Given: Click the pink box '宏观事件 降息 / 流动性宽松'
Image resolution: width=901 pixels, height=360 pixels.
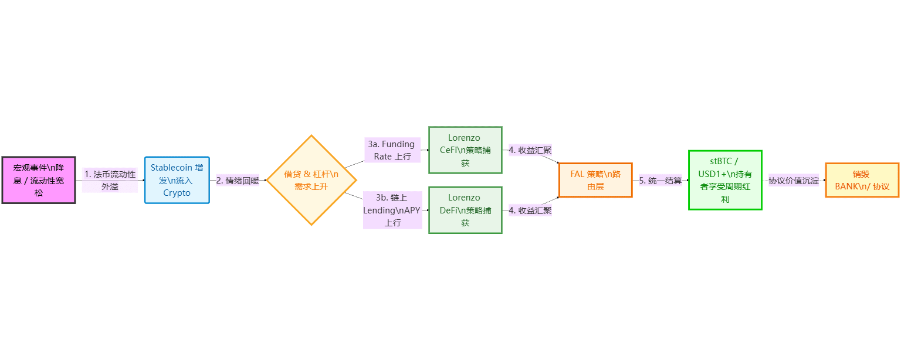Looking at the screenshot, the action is [x=39, y=180].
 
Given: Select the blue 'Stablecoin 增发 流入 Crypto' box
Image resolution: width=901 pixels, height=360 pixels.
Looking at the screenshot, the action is [x=177, y=180].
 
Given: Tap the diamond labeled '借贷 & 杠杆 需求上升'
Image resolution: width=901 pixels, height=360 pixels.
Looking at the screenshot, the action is [x=311, y=180].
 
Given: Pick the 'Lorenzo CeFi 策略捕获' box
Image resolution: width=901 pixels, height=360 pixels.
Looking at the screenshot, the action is [x=465, y=150].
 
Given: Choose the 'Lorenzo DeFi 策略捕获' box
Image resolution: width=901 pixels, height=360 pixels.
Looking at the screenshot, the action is [x=465, y=210].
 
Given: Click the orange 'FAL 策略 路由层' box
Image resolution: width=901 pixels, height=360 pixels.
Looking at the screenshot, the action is [x=595, y=180].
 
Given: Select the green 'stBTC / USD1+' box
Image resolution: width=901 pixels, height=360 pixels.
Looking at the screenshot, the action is [x=724, y=180].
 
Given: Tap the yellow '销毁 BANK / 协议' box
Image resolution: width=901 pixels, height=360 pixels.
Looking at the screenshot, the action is [x=862, y=180].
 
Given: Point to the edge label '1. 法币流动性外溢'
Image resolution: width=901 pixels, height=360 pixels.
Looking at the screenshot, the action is [x=110, y=180].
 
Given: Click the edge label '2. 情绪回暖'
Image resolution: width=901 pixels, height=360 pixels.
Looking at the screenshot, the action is [x=238, y=180].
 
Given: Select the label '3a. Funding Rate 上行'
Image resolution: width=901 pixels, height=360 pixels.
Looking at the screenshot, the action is [x=392, y=150].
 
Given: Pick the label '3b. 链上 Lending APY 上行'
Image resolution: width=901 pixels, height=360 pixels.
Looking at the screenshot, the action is [x=392, y=210].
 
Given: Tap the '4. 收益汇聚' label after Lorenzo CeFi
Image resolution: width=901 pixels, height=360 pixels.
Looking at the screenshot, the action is [x=530, y=150].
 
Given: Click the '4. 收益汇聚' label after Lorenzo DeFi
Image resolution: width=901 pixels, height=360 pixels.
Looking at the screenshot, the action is [x=530, y=210].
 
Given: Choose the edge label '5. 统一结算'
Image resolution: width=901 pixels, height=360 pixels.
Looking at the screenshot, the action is [x=660, y=180].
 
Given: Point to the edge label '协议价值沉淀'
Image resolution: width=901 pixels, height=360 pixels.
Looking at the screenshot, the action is [x=794, y=180].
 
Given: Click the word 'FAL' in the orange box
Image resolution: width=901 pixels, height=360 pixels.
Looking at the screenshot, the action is [x=577, y=174].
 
